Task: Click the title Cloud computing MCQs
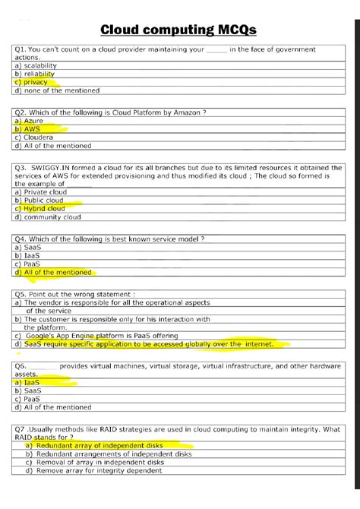click(x=179, y=30)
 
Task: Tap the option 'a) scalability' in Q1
click(x=36, y=65)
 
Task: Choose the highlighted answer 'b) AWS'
click(x=30, y=129)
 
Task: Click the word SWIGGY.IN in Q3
click(x=51, y=168)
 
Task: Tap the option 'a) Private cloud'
click(x=41, y=192)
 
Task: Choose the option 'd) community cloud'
click(x=47, y=217)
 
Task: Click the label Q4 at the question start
click(x=21, y=239)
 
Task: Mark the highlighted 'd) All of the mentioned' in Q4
click(x=53, y=272)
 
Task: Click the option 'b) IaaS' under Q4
click(x=28, y=255)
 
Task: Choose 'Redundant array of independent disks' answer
click(x=101, y=446)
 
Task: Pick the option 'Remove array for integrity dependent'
click(x=99, y=470)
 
